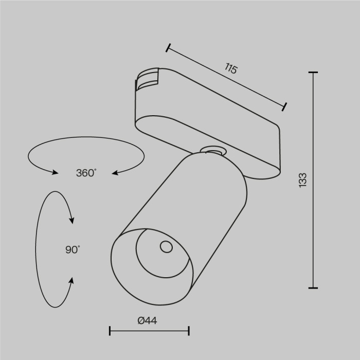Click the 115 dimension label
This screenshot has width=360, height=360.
pos(231,68)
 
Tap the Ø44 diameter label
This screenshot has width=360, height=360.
pos(148,321)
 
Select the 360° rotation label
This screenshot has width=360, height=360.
pos(86,173)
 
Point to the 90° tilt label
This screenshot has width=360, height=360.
pos(73,250)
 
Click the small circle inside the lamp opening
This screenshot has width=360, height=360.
pos(166,247)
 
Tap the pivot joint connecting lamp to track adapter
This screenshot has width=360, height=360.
pos(213,151)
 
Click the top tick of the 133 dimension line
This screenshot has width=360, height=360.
pos(313,73)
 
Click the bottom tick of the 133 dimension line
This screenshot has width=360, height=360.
pos(313,287)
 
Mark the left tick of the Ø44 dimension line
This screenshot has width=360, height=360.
pos(110,331)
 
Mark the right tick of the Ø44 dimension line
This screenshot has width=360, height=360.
pos(189,331)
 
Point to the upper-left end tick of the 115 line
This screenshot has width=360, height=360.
pos(168,48)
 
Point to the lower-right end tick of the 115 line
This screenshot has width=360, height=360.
pos(284,106)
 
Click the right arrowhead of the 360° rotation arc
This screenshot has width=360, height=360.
pos(116,173)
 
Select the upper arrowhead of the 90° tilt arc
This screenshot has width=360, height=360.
pos(71,220)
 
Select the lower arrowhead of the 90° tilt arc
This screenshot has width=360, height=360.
pos(71,281)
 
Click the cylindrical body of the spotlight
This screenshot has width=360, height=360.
pos(206,206)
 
